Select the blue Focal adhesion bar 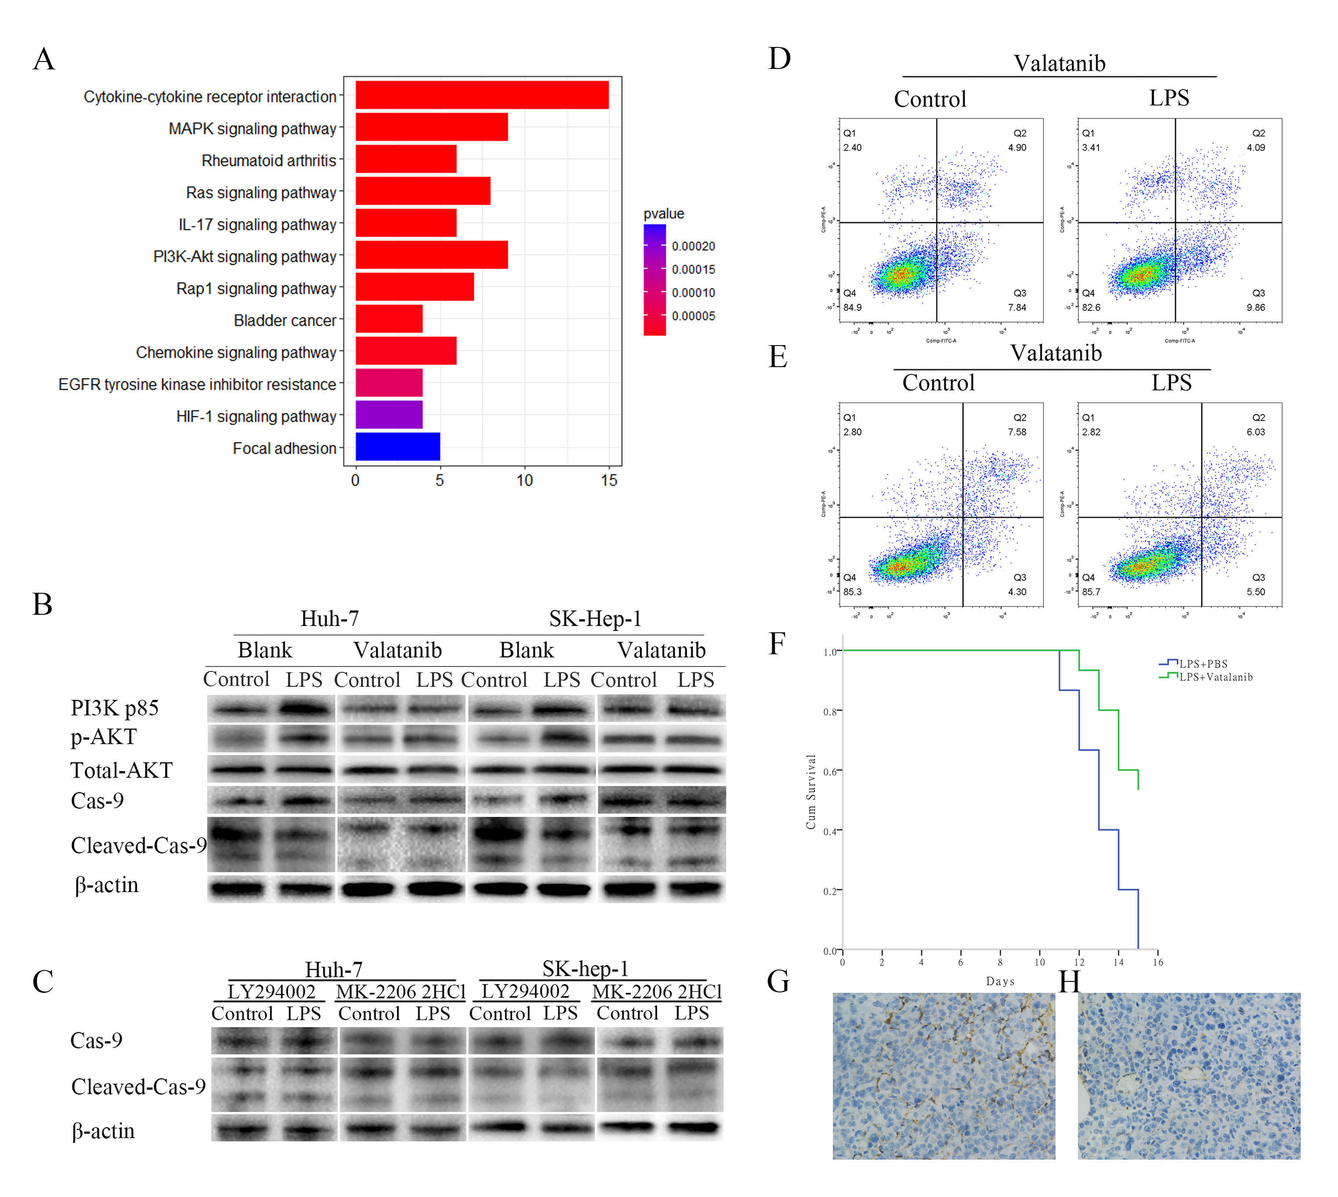click(398, 447)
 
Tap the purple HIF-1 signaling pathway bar click(389, 415)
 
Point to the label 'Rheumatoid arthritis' click(268, 160)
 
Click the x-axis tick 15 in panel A click(608, 481)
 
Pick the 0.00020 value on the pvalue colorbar click(693, 246)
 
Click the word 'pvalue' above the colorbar click(663, 214)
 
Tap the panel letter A click(44, 59)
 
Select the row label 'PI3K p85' click(115, 708)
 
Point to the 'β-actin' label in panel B click(107, 885)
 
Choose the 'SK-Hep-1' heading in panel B click(595, 618)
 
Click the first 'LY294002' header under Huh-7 click(271, 991)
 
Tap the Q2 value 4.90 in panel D click(1017, 148)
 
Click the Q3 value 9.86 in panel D click(1255, 307)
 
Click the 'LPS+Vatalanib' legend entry click(1215, 677)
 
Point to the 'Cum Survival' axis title click(811, 791)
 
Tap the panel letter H click(1069, 982)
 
